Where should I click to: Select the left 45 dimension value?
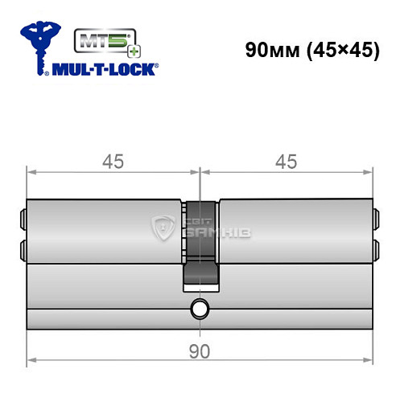coord(113,162)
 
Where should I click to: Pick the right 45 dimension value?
coord(286,162)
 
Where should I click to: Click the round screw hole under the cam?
coord(200,309)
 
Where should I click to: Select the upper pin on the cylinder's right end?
coord(375,217)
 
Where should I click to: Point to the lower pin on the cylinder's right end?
coord(375,245)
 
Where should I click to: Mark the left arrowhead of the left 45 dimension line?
coord(31,171)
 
